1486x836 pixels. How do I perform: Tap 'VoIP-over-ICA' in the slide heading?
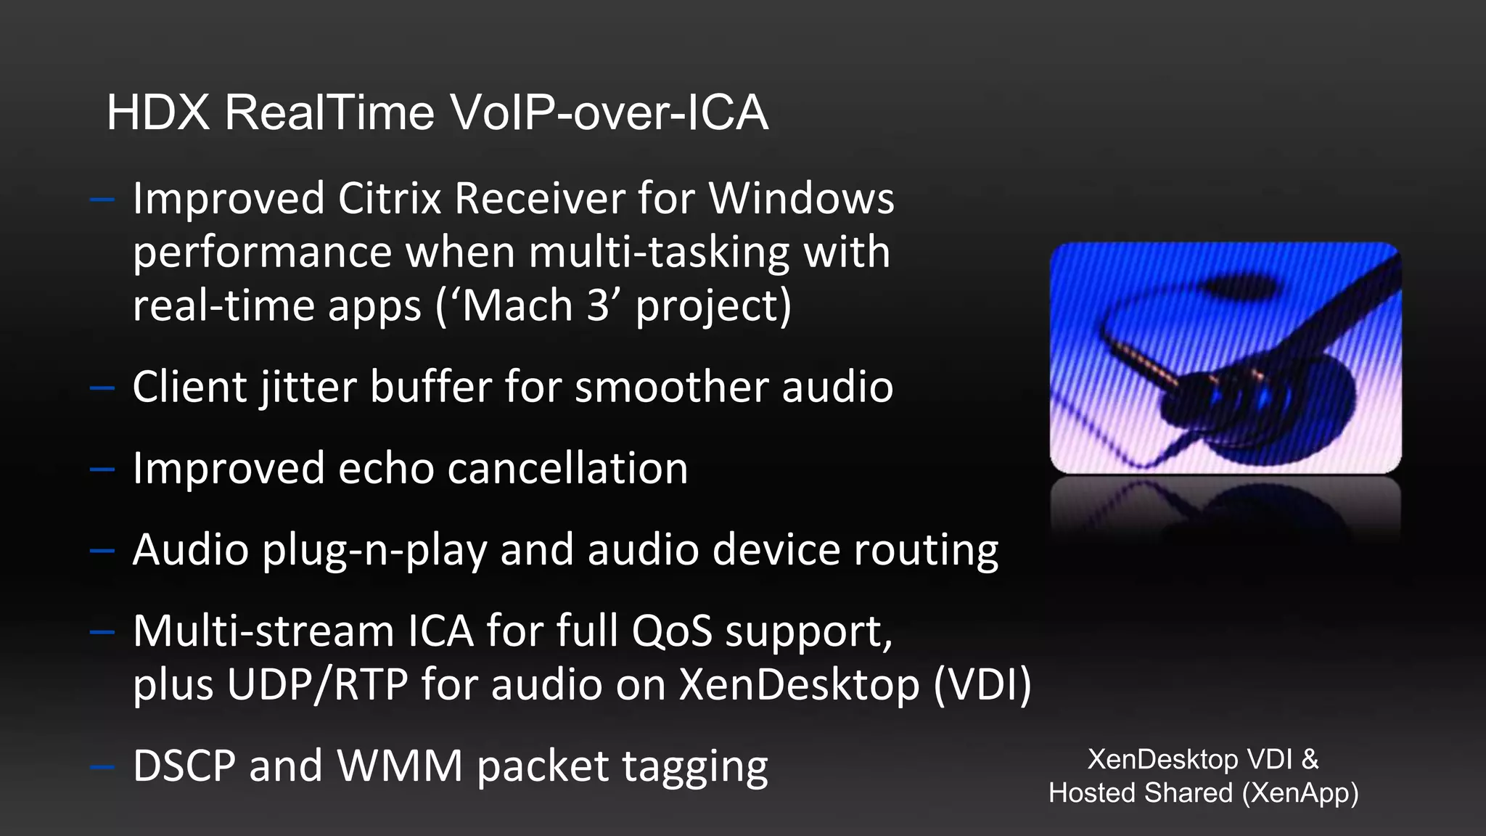608,113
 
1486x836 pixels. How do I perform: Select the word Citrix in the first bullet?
390,199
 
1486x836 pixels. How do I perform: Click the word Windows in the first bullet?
801,199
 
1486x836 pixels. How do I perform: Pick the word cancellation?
567,469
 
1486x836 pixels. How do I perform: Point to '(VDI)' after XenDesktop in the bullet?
982,685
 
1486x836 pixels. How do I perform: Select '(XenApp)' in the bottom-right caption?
1300,793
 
